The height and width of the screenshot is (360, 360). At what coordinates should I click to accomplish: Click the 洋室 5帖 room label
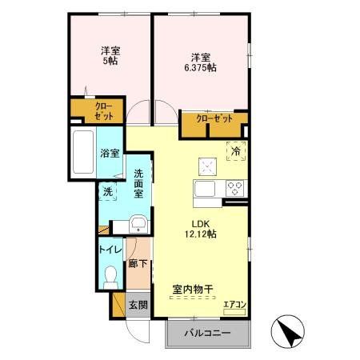[x=110, y=56]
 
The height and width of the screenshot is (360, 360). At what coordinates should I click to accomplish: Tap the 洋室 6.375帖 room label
[x=200, y=62]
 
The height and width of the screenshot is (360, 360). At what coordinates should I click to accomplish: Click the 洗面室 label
[x=138, y=183]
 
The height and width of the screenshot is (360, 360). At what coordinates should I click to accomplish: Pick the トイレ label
[x=110, y=250]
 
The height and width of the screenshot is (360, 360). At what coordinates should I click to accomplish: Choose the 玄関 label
[x=137, y=305]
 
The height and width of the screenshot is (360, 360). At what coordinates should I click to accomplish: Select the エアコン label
[x=234, y=304]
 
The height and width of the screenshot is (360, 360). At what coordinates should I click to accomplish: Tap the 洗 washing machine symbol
[x=109, y=191]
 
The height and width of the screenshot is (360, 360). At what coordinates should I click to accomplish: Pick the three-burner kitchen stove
[x=235, y=189]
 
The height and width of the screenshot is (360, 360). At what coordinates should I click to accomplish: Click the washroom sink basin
[x=137, y=223]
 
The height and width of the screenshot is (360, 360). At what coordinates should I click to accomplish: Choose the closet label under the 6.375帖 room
[x=214, y=118]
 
